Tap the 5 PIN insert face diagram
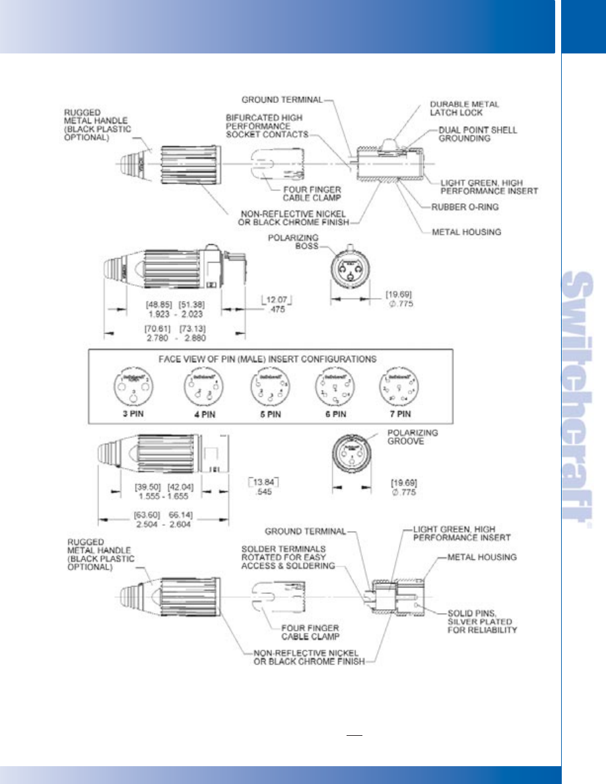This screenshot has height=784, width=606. (x=269, y=388)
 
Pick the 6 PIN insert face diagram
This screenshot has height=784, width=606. (x=335, y=388)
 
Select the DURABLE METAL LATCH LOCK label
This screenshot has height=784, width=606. (x=465, y=109)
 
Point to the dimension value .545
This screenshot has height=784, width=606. (x=261, y=492)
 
